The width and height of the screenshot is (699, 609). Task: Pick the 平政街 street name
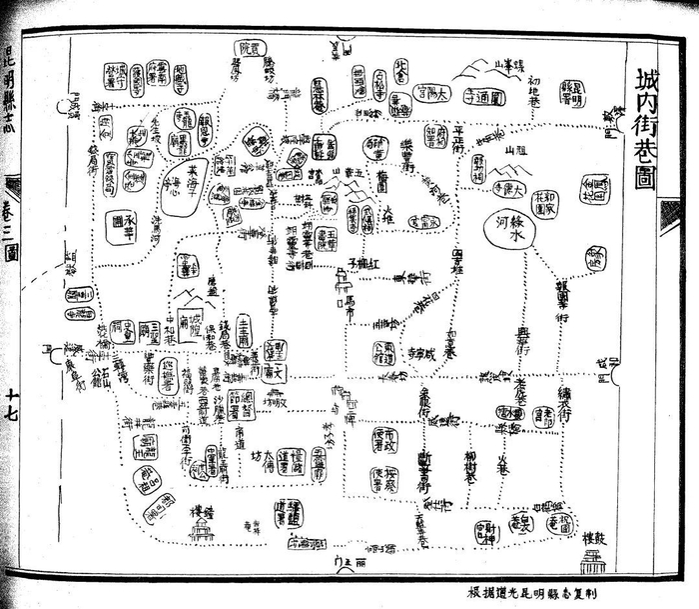click(457, 140)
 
